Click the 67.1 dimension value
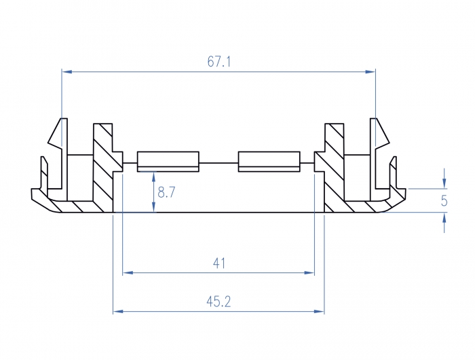coord(219,62)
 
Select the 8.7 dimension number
coord(166,192)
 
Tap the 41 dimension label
coord(218,263)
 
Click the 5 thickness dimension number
coord(444,200)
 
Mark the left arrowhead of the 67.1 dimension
coord(66,71)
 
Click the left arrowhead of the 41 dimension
coord(126,273)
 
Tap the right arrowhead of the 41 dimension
coord(311,273)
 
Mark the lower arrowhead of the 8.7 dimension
coord(155,209)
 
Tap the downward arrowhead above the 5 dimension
coord(444,183)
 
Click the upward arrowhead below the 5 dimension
coord(444,217)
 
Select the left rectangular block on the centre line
coord(168,162)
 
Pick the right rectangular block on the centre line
coord(269,162)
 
